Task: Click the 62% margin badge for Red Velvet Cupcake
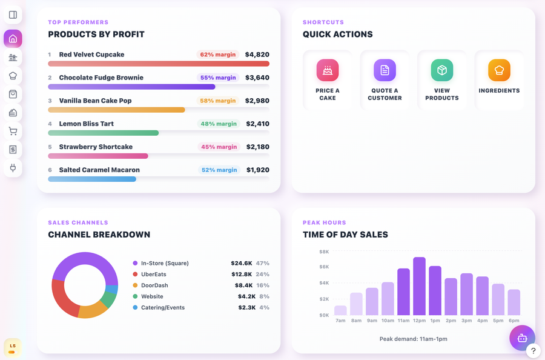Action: (x=218, y=55)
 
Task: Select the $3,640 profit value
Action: (x=257, y=78)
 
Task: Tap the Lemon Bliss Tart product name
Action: (x=86, y=124)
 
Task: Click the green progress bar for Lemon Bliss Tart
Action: (x=103, y=133)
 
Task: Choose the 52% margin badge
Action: (x=219, y=170)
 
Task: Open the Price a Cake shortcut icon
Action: (x=328, y=70)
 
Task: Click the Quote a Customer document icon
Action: (x=385, y=70)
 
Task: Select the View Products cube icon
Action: (x=442, y=70)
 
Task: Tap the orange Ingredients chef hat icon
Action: (x=499, y=70)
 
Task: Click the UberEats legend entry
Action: (x=153, y=275)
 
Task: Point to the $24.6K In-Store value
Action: (x=241, y=263)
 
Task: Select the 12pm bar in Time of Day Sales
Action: (x=419, y=286)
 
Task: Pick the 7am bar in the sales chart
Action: (x=340, y=310)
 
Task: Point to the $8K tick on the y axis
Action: (x=324, y=252)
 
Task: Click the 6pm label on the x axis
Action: (x=514, y=321)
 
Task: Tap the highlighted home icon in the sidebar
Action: (x=13, y=39)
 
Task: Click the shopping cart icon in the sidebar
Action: (x=13, y=131)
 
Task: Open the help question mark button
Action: (x=533, y=351)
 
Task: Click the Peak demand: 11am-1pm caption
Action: (x=413, y=339)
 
